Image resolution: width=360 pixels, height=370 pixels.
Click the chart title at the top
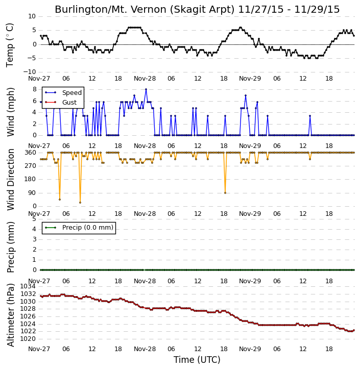tap(197, 10)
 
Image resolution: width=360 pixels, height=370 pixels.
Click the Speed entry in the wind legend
tap(63, 93)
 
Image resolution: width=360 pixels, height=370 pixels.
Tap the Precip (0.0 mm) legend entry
tap(79, 228)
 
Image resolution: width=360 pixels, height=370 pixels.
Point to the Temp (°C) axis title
tap(10, 45)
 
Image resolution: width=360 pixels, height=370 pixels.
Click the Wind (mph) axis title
tap(11, 112)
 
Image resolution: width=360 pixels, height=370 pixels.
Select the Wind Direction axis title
tap(11, 179)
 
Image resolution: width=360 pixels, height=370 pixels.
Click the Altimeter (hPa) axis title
tap(11, 315)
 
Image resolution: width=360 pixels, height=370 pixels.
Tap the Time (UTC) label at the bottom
tap(197, 360)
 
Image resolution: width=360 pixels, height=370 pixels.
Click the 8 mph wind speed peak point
tap(146, 89)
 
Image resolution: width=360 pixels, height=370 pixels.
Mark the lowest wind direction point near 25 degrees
tap(80, 203)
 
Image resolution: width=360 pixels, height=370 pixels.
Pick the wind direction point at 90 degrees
tap(225, 193)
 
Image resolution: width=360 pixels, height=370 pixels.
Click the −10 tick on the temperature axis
tap(29, 72)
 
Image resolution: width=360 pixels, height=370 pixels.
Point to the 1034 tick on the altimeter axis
tap(28, 286)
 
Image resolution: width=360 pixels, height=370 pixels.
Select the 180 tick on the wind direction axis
tap(31, 179)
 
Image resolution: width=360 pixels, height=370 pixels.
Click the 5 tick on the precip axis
tap(34, 219)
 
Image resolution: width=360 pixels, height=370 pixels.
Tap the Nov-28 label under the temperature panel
tap(145, 79)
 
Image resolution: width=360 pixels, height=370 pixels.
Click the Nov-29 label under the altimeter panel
tap(250, 349)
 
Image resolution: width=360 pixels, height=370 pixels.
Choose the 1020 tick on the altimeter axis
tap(28, 339)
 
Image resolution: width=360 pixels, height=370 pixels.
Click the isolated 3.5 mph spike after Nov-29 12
tap(310, 116)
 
